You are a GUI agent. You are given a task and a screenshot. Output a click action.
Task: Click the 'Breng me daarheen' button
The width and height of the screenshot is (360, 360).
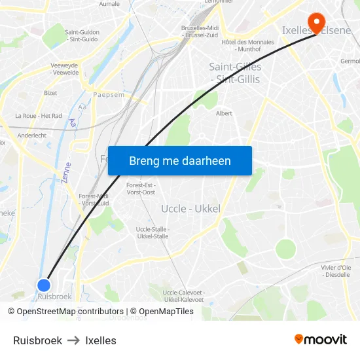(180, 160)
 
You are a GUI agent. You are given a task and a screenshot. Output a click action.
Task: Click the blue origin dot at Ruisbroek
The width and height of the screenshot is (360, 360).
(44, 285)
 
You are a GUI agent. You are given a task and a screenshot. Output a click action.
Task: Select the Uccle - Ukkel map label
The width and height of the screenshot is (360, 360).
(190, 209)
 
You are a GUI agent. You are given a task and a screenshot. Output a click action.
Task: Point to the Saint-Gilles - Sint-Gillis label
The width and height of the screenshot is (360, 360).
(234, 73)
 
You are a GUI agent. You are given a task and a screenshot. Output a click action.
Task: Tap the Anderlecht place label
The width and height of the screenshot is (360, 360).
(32, 135)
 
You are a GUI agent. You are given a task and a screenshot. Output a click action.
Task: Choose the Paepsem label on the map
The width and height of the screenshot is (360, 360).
(109, 94)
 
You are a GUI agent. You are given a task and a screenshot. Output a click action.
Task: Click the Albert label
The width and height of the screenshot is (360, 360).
(224, 113)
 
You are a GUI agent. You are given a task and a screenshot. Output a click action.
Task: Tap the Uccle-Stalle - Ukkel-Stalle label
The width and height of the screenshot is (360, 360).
(152, 232)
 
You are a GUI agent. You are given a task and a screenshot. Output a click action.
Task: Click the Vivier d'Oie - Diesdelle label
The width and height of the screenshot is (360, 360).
(336, 271)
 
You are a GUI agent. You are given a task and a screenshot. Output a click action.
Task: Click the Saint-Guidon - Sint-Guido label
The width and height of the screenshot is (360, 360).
(82, 35)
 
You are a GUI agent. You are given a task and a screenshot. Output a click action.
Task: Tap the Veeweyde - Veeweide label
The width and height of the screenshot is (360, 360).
(65, 69)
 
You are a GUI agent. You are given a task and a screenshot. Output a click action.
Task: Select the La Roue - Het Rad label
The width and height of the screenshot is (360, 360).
(39, 116)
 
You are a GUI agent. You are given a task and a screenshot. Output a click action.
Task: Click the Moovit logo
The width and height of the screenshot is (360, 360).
(320, 340)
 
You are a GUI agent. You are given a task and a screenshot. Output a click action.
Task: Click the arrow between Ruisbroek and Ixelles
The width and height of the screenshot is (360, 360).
(73, 340)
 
